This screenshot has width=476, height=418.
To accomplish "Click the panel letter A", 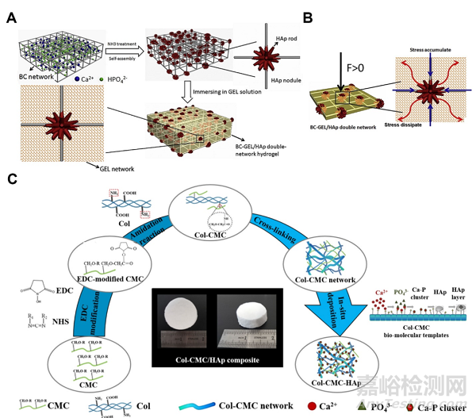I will (x=11, y=17).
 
